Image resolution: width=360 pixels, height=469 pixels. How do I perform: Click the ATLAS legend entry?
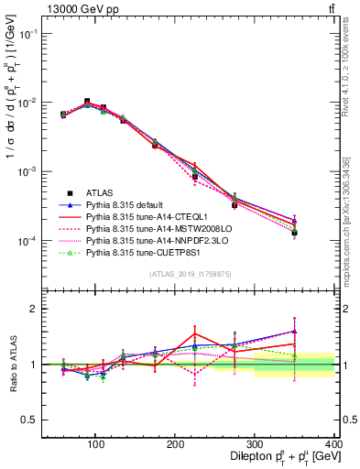(101, 192)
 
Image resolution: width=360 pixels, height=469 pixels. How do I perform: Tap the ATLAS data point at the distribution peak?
(86, 102)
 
